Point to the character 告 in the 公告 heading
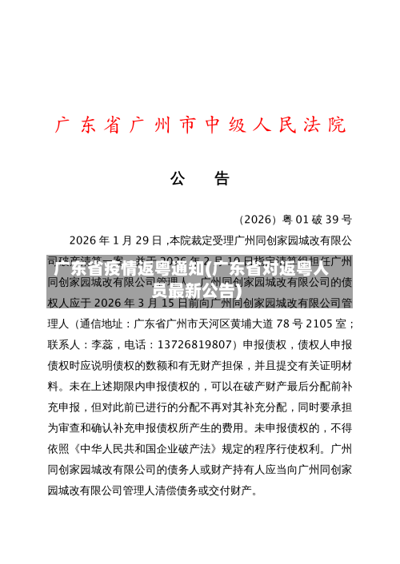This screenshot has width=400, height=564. click(x=220, y=177)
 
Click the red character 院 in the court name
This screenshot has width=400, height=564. click(x=337, y=125)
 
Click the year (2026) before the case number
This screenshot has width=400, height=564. click(x=255, y=219)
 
